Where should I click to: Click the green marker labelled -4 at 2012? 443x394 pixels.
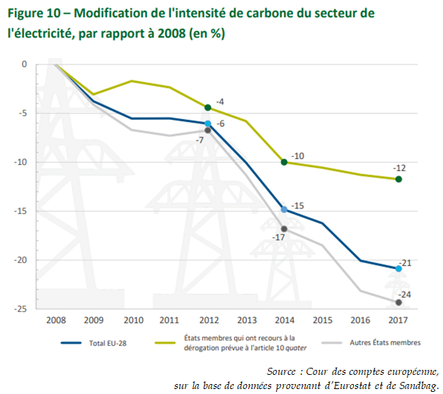tap(207, 108)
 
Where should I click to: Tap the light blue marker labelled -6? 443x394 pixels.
tap(207, 123)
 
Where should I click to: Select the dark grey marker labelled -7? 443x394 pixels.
tap(207, 130)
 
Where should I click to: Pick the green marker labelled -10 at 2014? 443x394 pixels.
tap(284, 162)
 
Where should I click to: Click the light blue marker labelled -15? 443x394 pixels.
tap(284, 210)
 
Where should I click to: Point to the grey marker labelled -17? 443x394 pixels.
tap(284, 229)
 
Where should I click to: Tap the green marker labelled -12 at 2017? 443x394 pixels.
tap(399, 179)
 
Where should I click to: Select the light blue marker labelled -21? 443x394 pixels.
tap(399, 269)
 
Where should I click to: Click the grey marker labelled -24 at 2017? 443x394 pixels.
tap(399, 303)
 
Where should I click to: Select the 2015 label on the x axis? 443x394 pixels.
tap(323, 320)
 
